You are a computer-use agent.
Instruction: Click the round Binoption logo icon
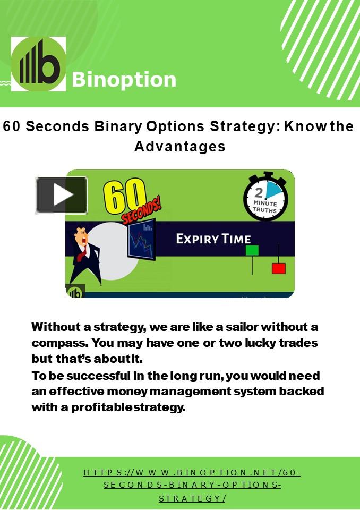[x=39, y=64]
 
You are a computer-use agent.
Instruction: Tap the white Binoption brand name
[x=124, y=80]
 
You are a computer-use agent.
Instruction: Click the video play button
[x=62, y=195]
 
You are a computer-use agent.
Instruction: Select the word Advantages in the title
[x=180, y=146]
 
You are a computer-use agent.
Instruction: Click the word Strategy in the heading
[x=244, y=127]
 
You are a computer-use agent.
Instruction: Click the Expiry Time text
[x=213, y=239]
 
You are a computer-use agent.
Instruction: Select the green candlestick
[x=252, y=251]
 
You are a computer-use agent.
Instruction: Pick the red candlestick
[x=278, y=268]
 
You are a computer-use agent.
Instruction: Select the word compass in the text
[x=55, y=343]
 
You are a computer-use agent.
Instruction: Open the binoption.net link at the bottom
[x=192, y=485]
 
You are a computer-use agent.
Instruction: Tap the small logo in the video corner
[x=75, y=292]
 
